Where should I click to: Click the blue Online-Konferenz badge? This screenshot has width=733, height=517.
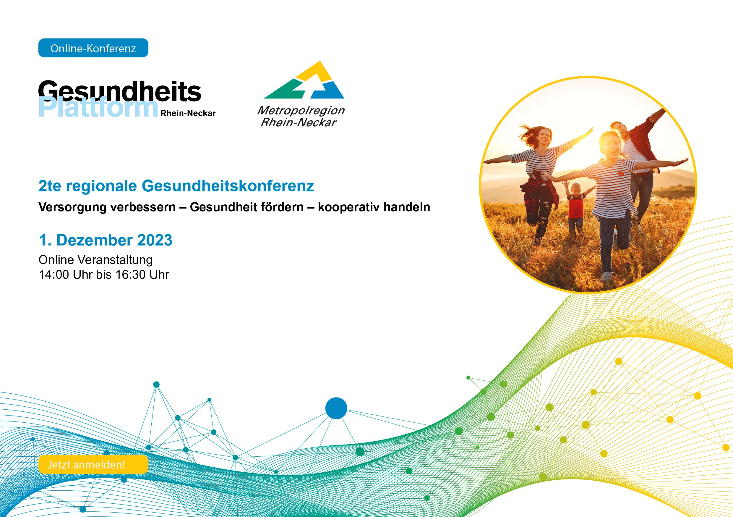pos(93,48)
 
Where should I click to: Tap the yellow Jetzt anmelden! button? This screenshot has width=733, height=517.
pos(93,464)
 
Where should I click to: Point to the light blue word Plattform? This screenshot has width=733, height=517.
pos(98,107)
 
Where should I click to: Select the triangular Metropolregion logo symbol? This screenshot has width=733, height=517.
pos(304,80)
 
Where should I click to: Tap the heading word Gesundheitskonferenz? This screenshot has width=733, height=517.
pos(228,186)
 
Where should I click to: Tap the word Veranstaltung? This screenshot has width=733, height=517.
pos(115,260)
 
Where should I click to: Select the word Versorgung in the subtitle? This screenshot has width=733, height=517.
pos(72,207)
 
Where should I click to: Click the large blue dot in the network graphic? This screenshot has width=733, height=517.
pos(336,408)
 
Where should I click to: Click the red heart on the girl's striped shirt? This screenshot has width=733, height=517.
pos(621,174)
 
